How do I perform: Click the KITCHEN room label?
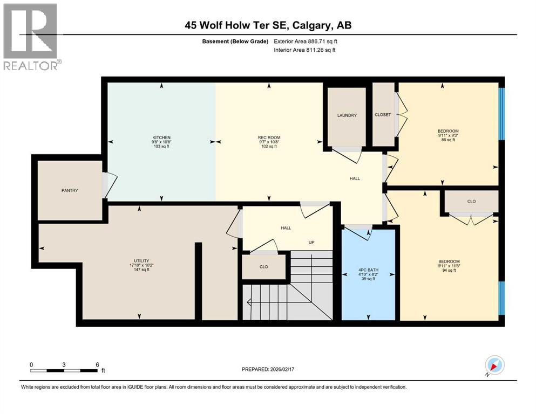pos(161,137)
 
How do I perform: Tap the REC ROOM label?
pos(269,137)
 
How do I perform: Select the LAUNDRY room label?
pos(347,115)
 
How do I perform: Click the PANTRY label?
pos(70,190)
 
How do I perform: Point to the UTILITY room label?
pos(141,260)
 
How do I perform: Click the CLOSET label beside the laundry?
pos(383,115)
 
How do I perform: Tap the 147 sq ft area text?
pos(141,270)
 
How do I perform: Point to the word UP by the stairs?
pos(311,242)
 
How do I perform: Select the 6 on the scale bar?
pos(97,364)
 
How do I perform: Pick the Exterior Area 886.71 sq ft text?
pos(306,42)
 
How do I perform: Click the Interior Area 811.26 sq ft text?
pos(306,50)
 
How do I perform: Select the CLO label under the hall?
pos(264,267)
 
